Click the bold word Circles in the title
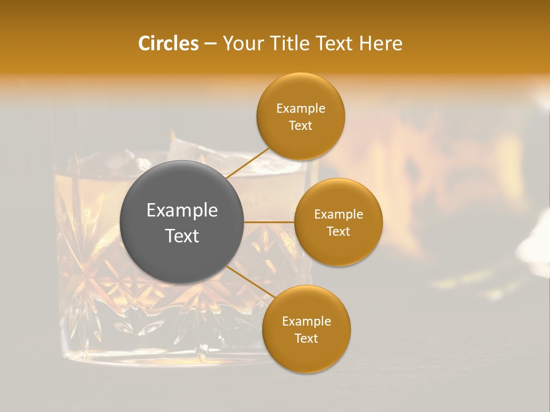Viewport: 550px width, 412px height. [x=168, y=43]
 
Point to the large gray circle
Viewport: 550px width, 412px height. [x=182, y=222]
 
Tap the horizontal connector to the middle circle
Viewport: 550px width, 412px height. [x=269, y=222]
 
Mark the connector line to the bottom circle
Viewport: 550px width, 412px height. [x=250, y=282]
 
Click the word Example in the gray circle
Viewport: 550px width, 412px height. [x=182, y=211]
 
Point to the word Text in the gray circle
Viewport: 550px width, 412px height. [x=182, y=236]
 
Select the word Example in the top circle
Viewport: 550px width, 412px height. [x=300, y=109]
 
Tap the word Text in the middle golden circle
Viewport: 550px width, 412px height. [x=338, y=231]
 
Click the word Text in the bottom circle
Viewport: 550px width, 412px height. [x=306, y=338]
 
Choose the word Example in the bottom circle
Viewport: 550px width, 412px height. [x=306, y=321]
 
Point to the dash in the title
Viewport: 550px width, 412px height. [x=210, y=43]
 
